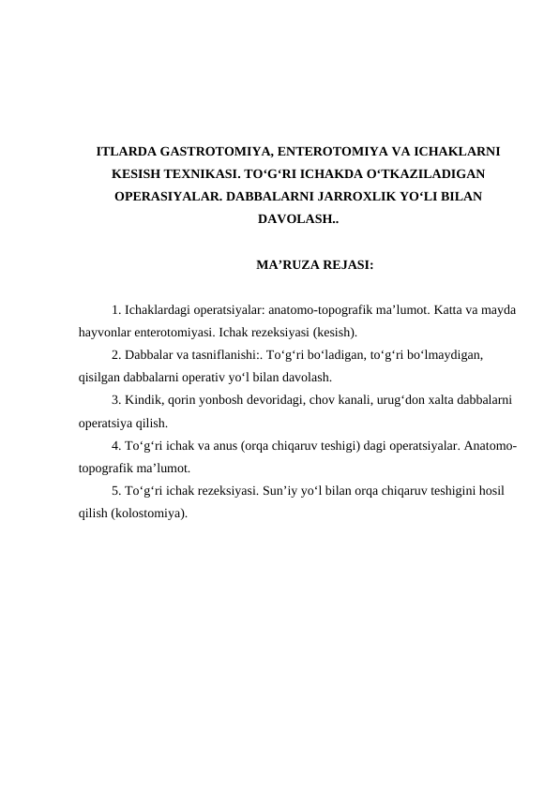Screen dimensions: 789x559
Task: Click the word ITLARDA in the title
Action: pyautogui.click(x=126, y=150)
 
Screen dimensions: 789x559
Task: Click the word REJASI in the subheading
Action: pyautogui.click(x=347, y=265)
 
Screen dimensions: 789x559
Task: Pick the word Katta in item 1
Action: pyautogui.click(x=454, y=308)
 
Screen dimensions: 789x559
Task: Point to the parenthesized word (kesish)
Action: pyautogui.click(x=335, y=331)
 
